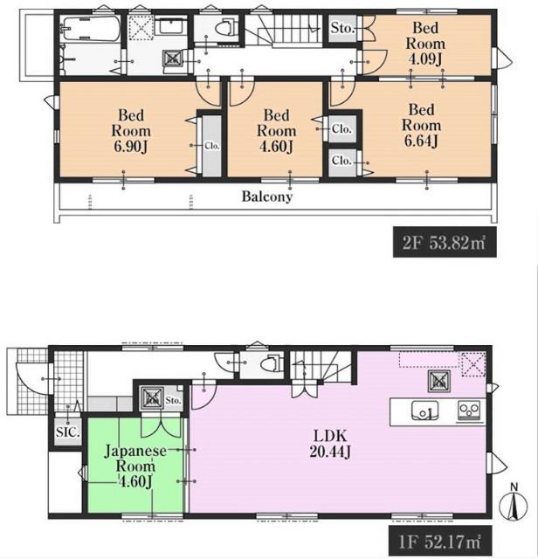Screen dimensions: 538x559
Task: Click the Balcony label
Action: [x=267, y=197]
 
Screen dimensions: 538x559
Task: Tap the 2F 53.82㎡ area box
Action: [x=445, y=242]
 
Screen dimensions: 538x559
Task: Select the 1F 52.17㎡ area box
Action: [x=440, y=542]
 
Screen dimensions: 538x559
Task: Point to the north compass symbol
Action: [x=514, y=503]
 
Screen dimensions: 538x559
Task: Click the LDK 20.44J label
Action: [x=330, y=444]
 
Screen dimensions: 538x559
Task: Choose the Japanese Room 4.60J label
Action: [x=135, y=466]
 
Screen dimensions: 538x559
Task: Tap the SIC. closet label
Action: [x=68, y=432]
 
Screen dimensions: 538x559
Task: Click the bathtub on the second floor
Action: [x=91, y=29]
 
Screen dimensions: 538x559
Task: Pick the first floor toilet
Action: [x=272, y=364]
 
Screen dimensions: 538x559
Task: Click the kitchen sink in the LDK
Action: [x=425, y=411]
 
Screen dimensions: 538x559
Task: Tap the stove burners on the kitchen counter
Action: [x=469, y=410]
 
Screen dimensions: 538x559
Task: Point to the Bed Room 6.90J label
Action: [x=131, y=131]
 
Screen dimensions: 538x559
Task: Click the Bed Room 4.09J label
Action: [x=425, y=44]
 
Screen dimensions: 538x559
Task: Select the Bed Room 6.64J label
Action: [x=421, y=125]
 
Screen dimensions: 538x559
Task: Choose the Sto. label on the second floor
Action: [x=342, y=28]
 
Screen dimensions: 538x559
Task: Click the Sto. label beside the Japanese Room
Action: [x=173, y=400]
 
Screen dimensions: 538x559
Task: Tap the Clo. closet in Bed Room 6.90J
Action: [x=211, y=146]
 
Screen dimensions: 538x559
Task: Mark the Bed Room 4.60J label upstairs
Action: [x=276, y=131]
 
